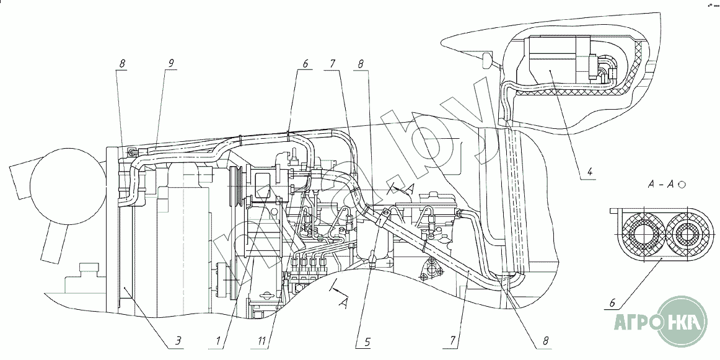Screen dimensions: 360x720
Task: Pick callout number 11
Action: click(x=263, y=340)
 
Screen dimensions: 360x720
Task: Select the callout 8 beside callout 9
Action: click(x=123, y=63)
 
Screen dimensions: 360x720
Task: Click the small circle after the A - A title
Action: click(x=682, y=185)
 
